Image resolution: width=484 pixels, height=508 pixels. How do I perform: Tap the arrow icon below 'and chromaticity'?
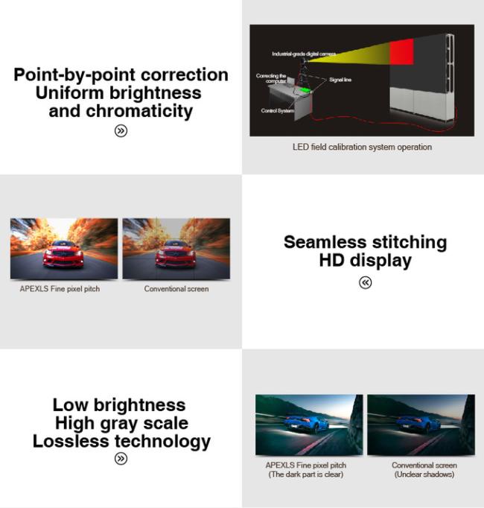[x=121, y=131]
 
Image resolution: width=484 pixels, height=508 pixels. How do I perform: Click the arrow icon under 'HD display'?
[x=365, y=282]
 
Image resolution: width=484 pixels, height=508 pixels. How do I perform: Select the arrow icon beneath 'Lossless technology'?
[x=121, y=458]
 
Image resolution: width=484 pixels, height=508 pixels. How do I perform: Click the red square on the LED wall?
[x=401, y=52]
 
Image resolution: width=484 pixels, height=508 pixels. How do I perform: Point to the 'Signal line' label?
[x=340, y=80]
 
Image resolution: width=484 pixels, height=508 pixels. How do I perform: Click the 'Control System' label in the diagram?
[x=278, y=111]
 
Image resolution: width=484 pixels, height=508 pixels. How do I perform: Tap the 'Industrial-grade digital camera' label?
[x=304, y=54]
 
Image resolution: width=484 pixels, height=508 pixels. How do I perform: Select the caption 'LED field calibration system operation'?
[x=362, y=147]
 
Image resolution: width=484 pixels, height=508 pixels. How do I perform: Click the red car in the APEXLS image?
[x=63, y=254]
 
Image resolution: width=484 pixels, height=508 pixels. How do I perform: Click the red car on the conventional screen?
[x=175, y=255]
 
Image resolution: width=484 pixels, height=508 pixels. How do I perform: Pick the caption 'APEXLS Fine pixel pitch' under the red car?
[x=60, y=289]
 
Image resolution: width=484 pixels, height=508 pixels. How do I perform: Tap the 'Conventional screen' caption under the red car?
[x=176, y=289]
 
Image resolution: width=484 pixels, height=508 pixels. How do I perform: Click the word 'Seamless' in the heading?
[x=325, y=242]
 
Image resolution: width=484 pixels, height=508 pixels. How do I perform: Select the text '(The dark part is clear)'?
[x=306, y=474]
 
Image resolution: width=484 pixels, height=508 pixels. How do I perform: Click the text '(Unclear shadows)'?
[x=424, y=474]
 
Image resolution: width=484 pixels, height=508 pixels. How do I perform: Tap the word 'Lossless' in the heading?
[x=71, y=441]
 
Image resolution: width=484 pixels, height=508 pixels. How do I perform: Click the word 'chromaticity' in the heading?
[x=139, y=112]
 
